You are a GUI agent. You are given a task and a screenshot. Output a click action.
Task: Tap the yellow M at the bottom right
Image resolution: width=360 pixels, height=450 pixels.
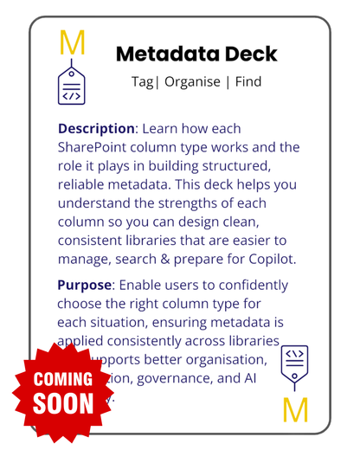[x=295, y=409]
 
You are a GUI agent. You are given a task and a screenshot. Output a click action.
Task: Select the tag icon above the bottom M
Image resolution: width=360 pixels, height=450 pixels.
[x=294, y=367]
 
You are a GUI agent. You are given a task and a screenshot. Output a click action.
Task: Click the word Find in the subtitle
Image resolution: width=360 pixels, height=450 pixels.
[x=245, y=82]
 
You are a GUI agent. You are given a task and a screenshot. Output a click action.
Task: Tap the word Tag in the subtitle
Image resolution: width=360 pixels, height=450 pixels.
[x=139, y=82]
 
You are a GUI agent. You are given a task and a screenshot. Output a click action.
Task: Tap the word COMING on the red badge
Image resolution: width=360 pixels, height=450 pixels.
[x=62, y=379]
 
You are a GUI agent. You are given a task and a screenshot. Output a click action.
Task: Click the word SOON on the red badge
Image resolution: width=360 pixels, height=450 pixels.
[x=62, y=403]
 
